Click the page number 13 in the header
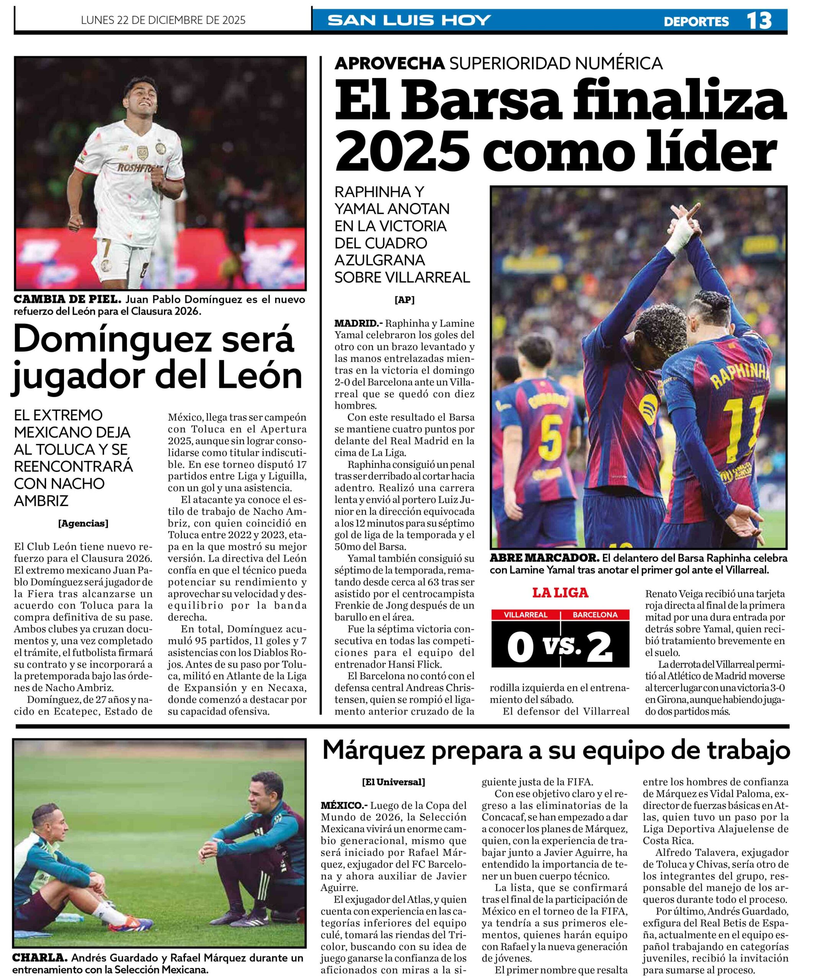pyautogui.click(x=759, y=21)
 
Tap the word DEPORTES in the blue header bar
pyautogui.click(x=696, y=21)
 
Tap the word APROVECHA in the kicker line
pyautogui.click(x=389, y=63)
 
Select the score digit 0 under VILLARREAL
pyautogui.click(x=520, y=647)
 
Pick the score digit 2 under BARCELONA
pyautogui.click(x=599, y=647)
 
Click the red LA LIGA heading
pyautogui.click(x=560, y=593)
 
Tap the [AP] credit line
pyautogui.click(x=404, y=300)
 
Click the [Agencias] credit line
pyautogui.click(x=83, y=524)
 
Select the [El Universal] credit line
pyautogui.click(x=393, y=782)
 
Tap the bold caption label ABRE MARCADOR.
pyautogui.click(x=544, y=558)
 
